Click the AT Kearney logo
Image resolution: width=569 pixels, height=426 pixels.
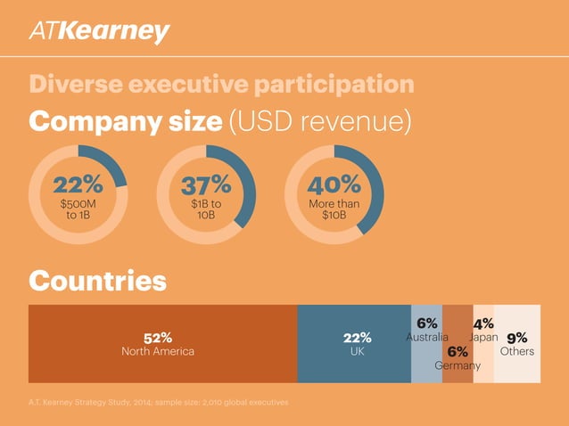[98, 32]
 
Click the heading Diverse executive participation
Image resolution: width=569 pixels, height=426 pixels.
[221, 85]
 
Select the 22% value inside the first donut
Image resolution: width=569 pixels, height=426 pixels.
[78, 185]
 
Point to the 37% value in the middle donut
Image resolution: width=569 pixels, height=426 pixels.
[206, 185]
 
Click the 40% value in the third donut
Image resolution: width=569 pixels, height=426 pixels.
[334, 185]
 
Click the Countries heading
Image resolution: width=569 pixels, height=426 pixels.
[98, 281]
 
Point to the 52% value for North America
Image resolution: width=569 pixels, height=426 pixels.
[158, 337]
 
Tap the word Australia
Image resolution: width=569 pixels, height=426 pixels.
[426, 338]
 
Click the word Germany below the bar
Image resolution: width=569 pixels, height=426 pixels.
[458, 366]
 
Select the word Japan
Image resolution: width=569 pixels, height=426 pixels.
[483, 338]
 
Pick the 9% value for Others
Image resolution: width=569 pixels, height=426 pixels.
[517, 338]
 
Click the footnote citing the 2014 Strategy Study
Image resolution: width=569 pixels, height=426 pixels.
[159, 403]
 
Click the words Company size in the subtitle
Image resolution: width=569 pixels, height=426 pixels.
[126, 122]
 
